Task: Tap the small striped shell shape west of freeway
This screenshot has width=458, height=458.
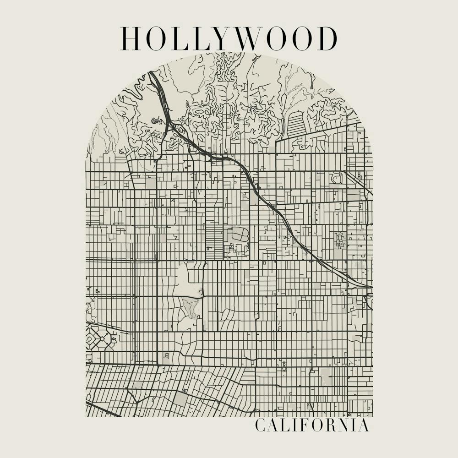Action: pyautogui.click(x=156, y=121)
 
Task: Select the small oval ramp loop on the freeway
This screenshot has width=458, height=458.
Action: pyautogui.click(x=256, y=186)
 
